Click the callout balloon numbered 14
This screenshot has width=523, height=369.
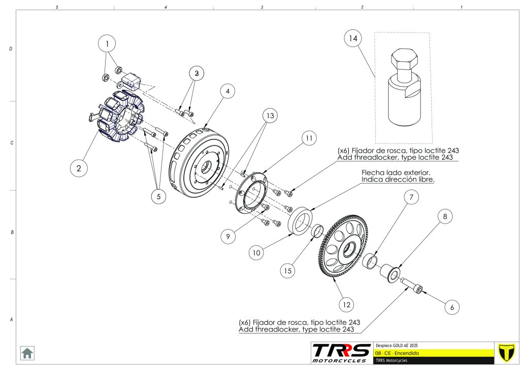pos(353,38)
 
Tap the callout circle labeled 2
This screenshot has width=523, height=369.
pos(79,168)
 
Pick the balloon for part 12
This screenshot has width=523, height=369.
pos(346,305)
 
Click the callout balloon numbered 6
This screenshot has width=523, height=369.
pos(452,307)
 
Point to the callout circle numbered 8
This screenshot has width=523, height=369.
pos(445,216)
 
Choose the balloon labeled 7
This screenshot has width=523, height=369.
pos(412,197)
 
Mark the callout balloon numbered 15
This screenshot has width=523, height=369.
pos(288,271)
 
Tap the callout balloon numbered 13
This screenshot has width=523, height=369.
pos(271,116)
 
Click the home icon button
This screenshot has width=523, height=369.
pos(27,353)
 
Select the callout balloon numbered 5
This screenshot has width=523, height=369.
pos(158,196)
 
